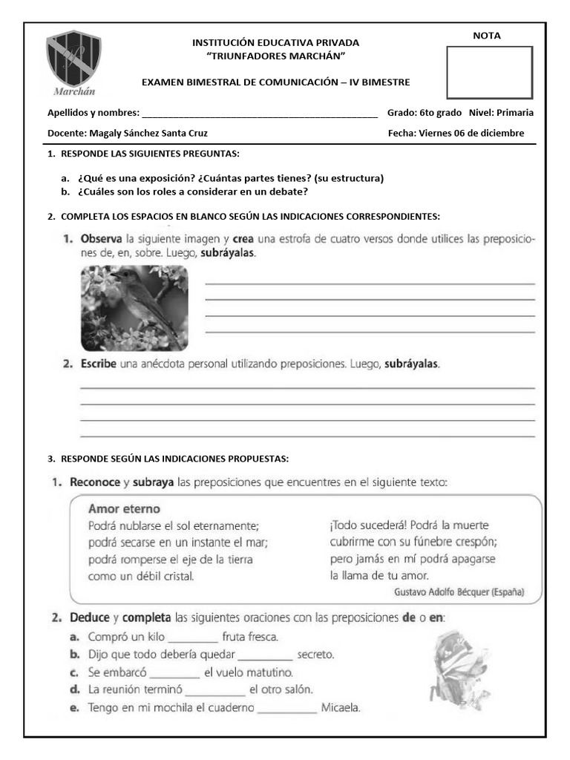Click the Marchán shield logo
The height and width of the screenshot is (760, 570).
[x=73, y=61]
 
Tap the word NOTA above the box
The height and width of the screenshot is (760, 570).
[x=487, y=36]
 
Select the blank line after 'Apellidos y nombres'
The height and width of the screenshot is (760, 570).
[x=259, y=114]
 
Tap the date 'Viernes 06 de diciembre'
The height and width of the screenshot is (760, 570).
[x=471, y=134]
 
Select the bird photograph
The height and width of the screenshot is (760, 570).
[x=134, y=308]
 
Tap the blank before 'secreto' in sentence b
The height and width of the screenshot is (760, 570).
[x=265, y=655]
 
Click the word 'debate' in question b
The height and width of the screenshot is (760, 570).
[x=291, y=191]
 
